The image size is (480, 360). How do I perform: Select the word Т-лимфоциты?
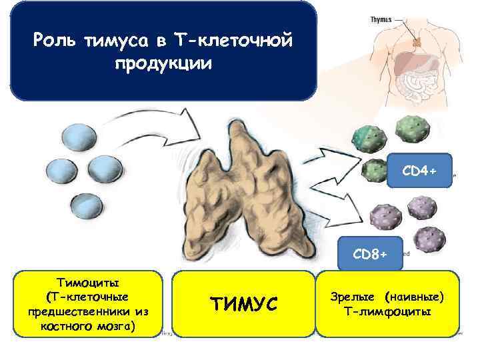coord(388,311)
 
